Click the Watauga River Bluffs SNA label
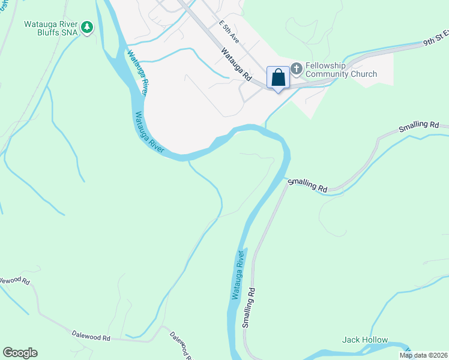pyautogui.click(x=50, y=29)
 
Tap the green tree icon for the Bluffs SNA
pyautogui.click(x=88, y=27)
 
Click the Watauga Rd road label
pyautogui.click(x=236, y=65)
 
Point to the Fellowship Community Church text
pyautogui.click(x=341, y=70)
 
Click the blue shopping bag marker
pyautogui.click(x=278, y=78)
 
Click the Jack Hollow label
pyautogui.click(x=365, y=340)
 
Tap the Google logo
pyautogui.click(x=20, y=353)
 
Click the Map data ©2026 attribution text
pyautogui.click(x=423, y=355)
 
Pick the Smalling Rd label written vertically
pyautogui.click(x=249, y=307)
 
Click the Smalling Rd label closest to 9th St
pyautogui.click(x=418, y=126)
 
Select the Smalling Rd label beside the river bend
pyautogui.click(x=307, y=185)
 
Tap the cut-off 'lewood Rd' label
pyautogui.click(x=13, y=281)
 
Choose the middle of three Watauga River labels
pyautogui.click(x=149, y=133)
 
